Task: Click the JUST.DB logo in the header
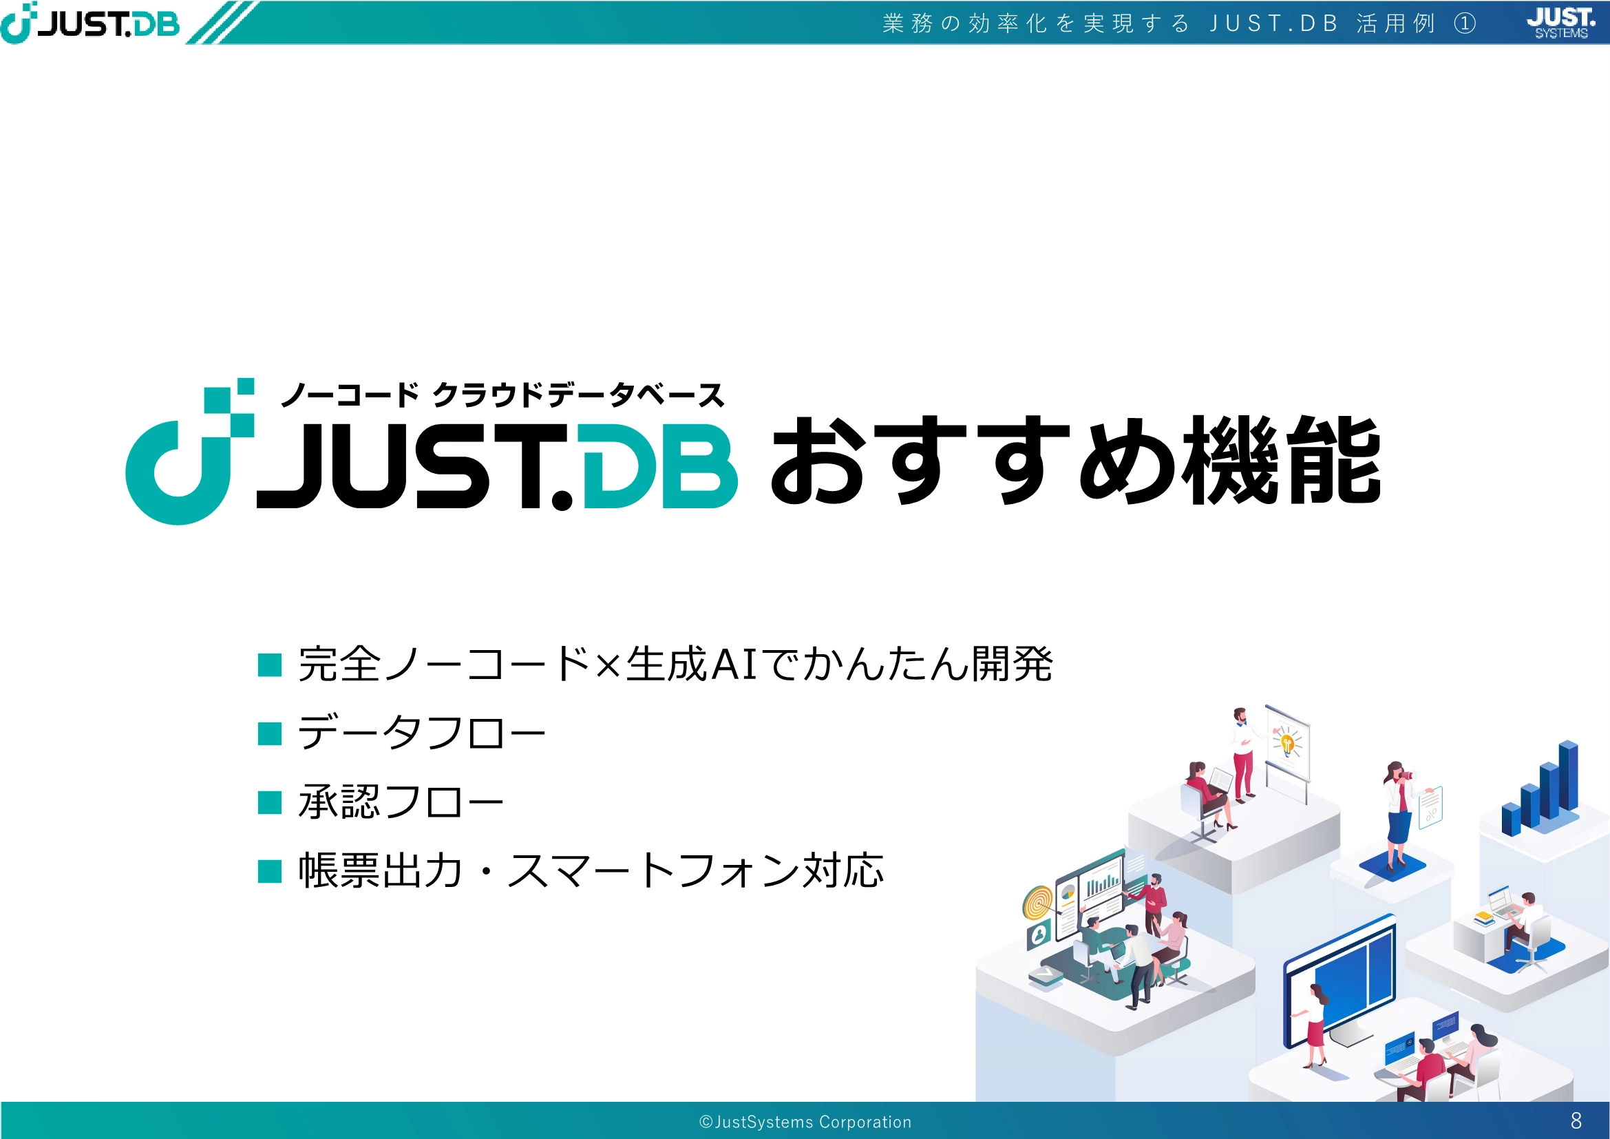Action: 89,23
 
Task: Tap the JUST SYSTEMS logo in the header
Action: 1561,23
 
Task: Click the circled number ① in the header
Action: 1465,23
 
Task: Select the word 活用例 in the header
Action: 1395,23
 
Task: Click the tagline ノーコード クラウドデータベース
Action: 502,395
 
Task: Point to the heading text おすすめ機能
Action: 1076,461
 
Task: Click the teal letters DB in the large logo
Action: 659,466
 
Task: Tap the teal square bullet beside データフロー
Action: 269,733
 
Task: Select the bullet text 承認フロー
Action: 401,801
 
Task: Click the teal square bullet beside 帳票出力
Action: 269,871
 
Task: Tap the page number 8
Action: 1576,1121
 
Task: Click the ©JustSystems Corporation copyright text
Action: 805,1122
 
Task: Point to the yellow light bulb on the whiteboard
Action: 1287,744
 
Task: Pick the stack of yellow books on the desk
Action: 1485,917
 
